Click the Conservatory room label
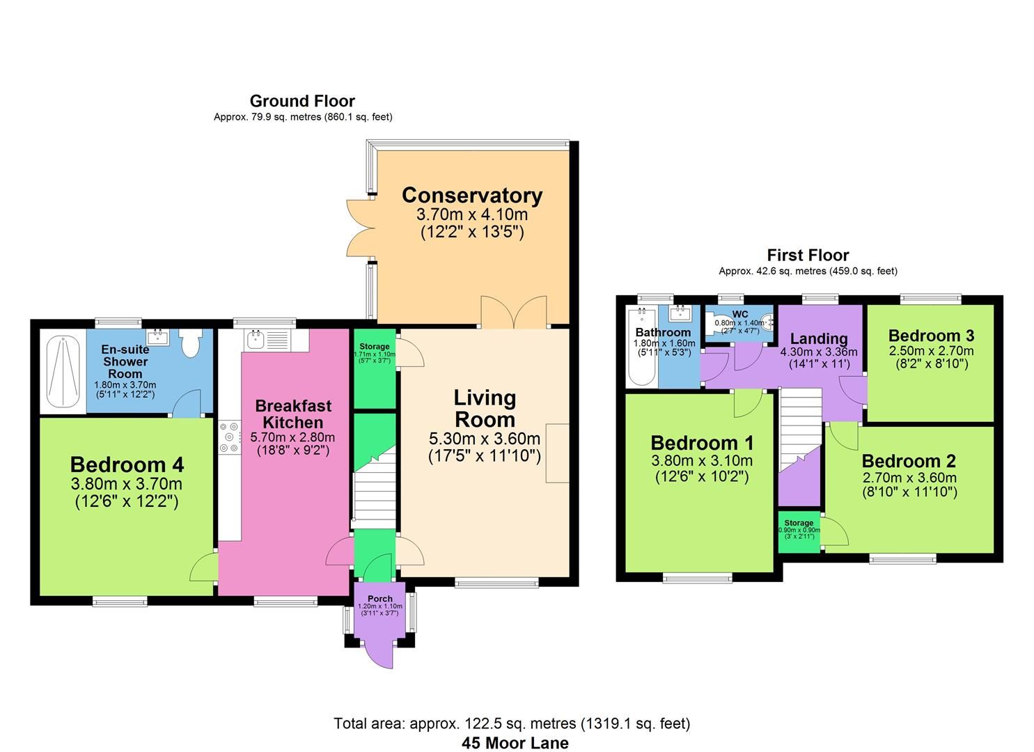pyautogui.click(x=471, y=195)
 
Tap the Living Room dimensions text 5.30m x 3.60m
pyautogui.click(x=484, y=439)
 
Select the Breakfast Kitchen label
pyautogui.click(x=292, y=414)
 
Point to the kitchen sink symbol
pyautogui.click(x=255, y=340)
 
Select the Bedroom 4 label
pyautogui.click(x=126, y=464)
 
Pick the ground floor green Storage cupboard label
pyautogui.click(x=375, y=347)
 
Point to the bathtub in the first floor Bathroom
pyautogui.click(x=639, y=348)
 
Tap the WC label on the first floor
pyautogui.click(x=739, y=314)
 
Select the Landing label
pyautogui.click(x=818, y=338)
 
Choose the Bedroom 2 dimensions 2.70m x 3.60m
pyautogui.click(x=909, y=478)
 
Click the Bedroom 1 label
pyautogui.click(x=701, y=443)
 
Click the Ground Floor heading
pyautogui.click(x=302, y=101)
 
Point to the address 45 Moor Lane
pyautogui.click(x=515, y=743)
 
